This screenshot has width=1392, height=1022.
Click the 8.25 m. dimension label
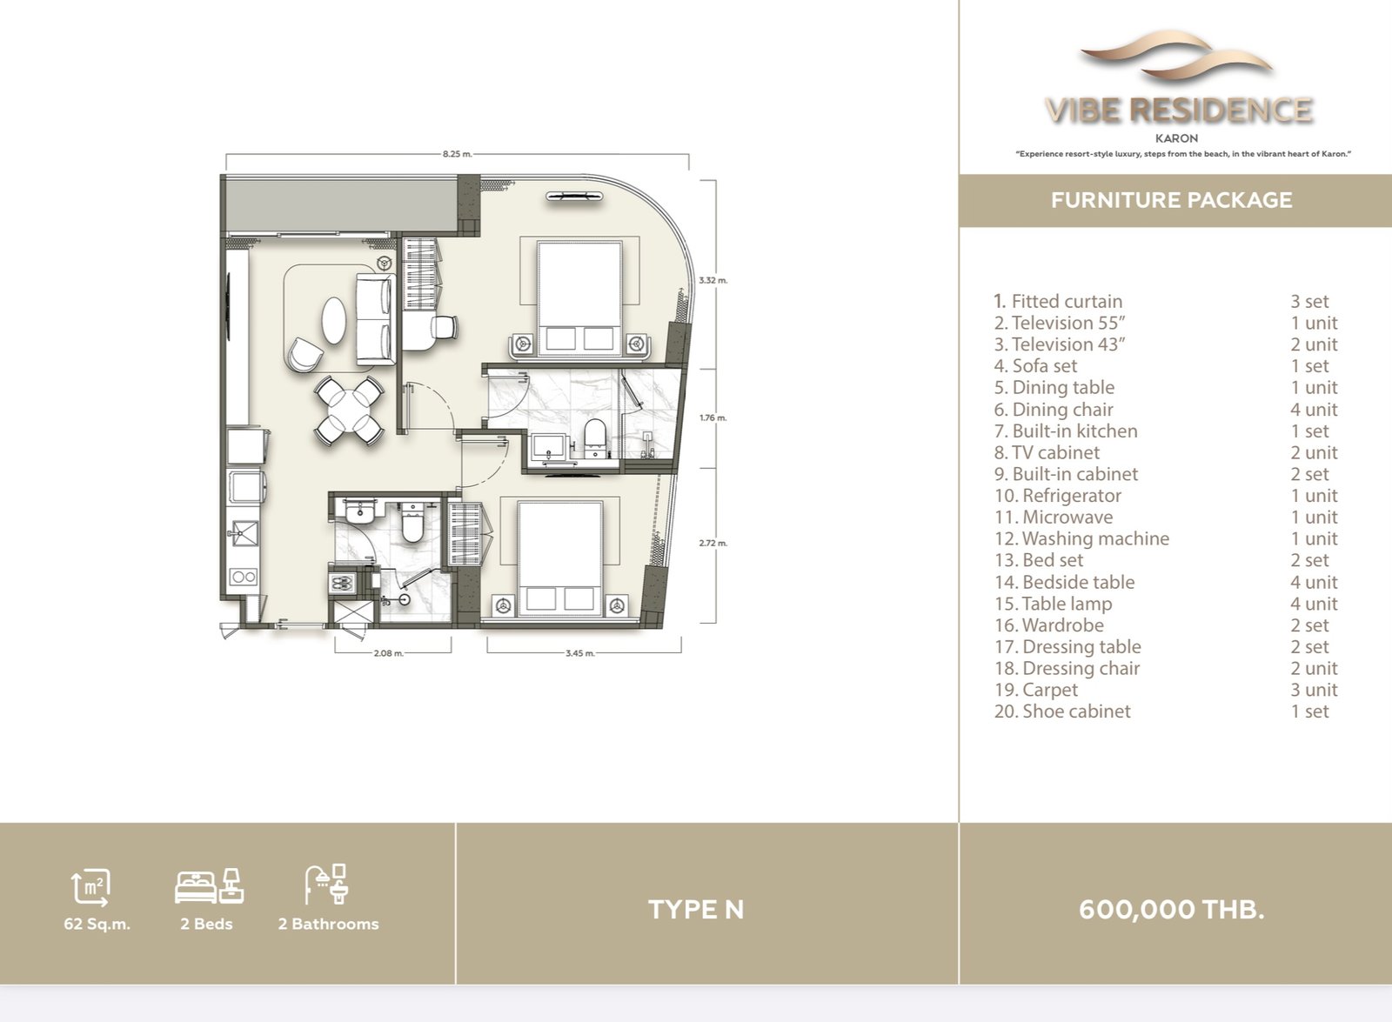pyautogui.click(x=458, y=153)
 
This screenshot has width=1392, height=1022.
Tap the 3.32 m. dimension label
pyautogui.click(x=713, y=280)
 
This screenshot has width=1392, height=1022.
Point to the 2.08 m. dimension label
pyautogui.click(x=388, y=653)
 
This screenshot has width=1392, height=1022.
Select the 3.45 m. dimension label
pyautogui.click(x=580, y=653)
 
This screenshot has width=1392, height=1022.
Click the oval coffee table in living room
pyautogui.click(x=334, y=320)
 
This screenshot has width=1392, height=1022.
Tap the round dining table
pyautogui.click(x=349, y=411)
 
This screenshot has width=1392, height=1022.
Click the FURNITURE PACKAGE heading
pyautogui.click(x=1171, y=200)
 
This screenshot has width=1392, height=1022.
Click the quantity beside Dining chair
pyautogui.click(x=1314, y=410)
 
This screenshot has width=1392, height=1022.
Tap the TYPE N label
pyautogui.click(x=696, y=910)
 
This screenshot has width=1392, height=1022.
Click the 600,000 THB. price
pyautogui.click(x=1171, y=910)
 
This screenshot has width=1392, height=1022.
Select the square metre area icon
pyautogui.click(x=90, y=887)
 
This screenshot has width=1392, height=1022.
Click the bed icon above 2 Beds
pyautogui.click(x=209, y=886)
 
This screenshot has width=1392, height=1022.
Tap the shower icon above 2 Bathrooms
pyautogui.click(x=325, y=884)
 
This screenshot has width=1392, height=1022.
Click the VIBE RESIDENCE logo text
pyautogui.click(x=1179, y=110)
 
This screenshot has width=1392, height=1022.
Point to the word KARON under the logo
pyautogui.click(x=1176, y=138)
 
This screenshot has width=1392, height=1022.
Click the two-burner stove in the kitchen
pyautogui.click(x=243, y=577)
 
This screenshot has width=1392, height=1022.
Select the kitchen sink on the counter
pyautogui.click(x=244, y=530)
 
